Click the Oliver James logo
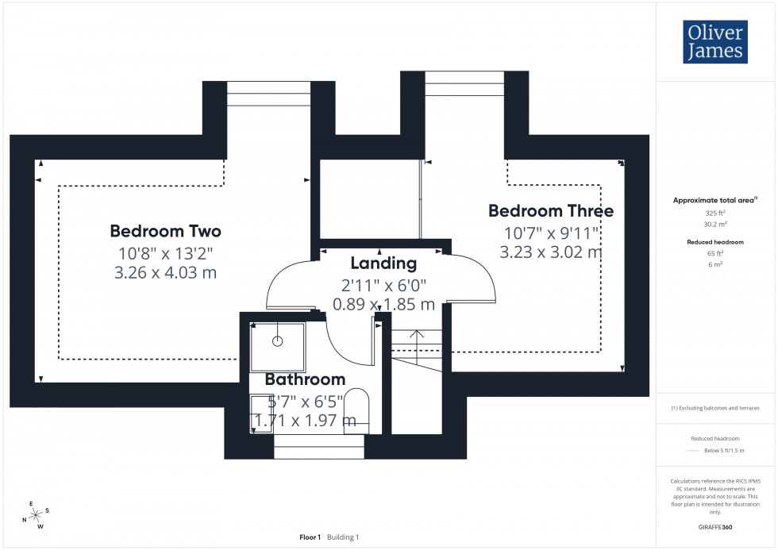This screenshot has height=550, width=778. click(x=714, y=42)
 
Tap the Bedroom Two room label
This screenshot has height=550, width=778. click(x=165, y=231)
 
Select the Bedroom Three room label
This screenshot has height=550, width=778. click(x=550, y=211)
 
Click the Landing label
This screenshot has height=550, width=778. click(x=383, y=263)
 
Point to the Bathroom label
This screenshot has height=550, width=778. click(x=305, y=379)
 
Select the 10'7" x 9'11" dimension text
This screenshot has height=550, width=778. click(x=550, y=233)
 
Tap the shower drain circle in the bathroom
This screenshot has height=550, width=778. click(x=278, y=341)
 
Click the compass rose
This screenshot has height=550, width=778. click(x=35, y=514)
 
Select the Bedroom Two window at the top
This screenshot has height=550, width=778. click(x=257, y=93)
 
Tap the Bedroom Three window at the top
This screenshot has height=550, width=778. click(x=464, y=83)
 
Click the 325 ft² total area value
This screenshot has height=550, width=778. click(x=715, y=213)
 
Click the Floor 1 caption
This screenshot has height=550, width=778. click(x=310, y=537)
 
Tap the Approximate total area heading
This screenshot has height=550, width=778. click(x=714, y=201)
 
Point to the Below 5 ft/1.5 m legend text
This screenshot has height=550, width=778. click(x=722, y=450)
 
